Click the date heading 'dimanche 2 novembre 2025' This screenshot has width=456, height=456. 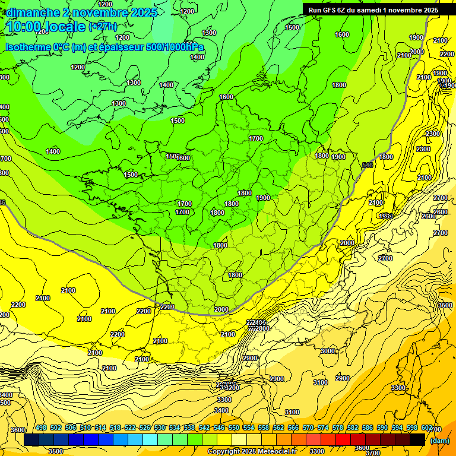(x=81, y=12)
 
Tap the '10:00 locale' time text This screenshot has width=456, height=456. (x=45, y=27)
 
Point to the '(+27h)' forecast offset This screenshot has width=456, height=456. (x=103, y=27)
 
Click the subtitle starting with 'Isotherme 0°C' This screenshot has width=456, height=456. (x=104, y=47)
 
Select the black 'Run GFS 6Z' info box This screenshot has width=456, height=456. (x=373, y=9)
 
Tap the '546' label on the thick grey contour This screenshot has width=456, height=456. (x=367, y=164)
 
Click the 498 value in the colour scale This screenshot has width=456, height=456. (x=41, y=428)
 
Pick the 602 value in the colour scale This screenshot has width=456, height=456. (x=427, y=428)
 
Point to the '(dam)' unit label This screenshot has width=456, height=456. (x=440, y=441)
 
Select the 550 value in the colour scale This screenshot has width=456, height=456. (x=234, y=428)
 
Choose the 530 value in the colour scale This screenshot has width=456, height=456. (x=160, y=428)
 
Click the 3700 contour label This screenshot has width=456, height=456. (x=373, y=452)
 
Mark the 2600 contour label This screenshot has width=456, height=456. (x=440, y=212)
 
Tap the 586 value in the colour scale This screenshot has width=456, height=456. (x=368, y=428)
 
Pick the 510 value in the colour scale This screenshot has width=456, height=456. (x=85, y=428)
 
